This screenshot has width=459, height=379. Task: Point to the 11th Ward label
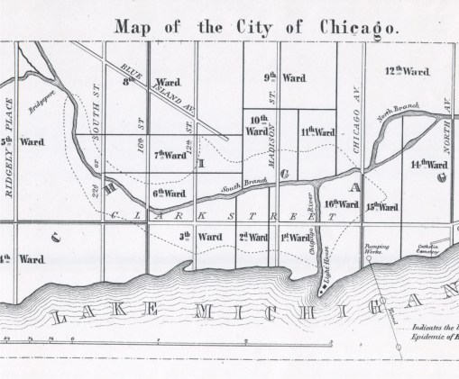tap(317, 132)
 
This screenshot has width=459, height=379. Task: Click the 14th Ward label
tap(428, 166)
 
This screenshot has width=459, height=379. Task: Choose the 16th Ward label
tap(343, 204)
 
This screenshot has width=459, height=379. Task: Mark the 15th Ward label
tap(382, 207)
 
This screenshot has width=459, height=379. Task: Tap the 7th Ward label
tap(170, 155)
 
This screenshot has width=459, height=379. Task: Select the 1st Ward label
tap(297, 237)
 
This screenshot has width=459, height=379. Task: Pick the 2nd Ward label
tap(253, 237)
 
